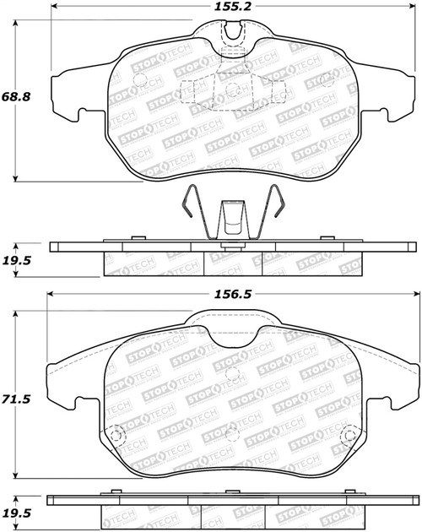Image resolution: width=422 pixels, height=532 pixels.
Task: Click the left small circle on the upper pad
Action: coord(139,82)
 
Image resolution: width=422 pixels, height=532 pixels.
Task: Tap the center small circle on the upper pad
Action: coord(230,90)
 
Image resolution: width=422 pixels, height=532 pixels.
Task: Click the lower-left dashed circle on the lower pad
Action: coord(117,437)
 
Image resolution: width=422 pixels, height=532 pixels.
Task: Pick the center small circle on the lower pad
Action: coord(230,372)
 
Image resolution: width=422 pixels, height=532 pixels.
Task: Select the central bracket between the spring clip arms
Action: coord(232,221)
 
